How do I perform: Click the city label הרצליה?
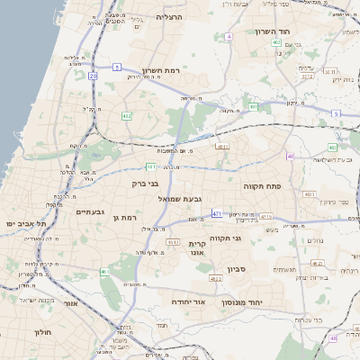169,17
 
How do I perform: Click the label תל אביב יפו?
24,221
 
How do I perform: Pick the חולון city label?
43,332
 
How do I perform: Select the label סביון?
237,268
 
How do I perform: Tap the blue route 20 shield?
94,76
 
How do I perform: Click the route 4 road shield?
229,37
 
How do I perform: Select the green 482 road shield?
127,115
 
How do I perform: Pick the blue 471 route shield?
217,213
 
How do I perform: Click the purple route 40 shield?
291,157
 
